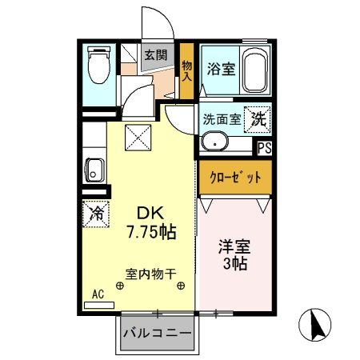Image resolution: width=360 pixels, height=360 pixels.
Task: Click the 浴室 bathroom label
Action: click(220, 69)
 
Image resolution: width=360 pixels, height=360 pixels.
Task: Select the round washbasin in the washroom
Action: click(214, 143)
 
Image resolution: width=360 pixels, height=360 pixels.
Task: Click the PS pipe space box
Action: click(264, 147)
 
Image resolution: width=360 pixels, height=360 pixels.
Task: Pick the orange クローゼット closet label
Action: click(235, 177)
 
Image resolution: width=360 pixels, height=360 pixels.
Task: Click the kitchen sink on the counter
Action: click(94, 171)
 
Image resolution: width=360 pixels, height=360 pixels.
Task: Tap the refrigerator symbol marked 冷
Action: click(94, 214)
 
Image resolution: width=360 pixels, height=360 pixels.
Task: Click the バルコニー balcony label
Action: click(157, 332)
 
